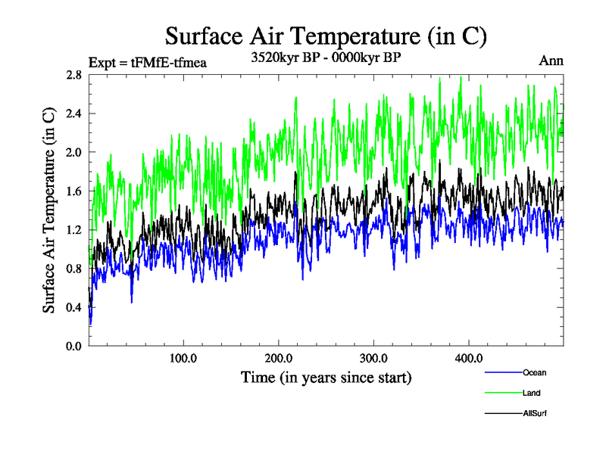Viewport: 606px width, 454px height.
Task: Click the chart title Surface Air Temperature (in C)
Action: point(326,36)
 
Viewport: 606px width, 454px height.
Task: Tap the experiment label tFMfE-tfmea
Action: point(148,62)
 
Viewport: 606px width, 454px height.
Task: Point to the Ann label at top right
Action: point(551,61)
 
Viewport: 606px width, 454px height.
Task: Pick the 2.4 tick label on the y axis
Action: point(73,113)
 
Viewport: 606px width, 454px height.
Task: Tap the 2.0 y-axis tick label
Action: point(73,152)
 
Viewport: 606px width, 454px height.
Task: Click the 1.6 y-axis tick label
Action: point(73,191)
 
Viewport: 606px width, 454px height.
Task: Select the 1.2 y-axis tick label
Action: point(73,230)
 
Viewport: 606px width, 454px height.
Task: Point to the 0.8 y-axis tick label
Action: point(73,269)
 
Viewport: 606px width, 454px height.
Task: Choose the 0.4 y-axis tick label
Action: point(73,307)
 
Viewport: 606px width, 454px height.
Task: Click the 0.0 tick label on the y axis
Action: point(73,346)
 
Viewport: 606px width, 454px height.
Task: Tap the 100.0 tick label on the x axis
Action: point(183,358)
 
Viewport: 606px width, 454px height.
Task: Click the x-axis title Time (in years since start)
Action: point(326,377)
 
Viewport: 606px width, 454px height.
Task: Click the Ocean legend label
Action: point(534,372)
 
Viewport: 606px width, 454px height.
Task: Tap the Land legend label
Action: point(531,393)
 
